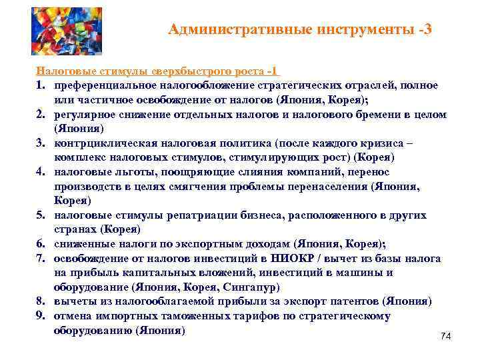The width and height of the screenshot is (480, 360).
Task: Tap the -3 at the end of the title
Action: [x=423, y=29]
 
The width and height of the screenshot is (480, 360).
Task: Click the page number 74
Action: [x=446, y=337]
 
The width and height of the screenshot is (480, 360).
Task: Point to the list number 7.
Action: [x=40, y=258]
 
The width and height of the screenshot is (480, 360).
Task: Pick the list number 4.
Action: [x=40, y=172]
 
